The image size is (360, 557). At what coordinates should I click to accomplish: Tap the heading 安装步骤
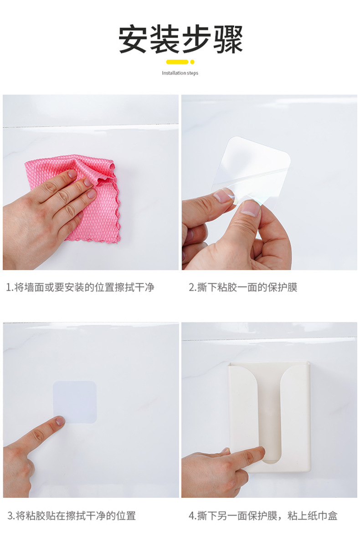[180, 39]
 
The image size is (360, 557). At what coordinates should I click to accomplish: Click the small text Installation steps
[180, 73]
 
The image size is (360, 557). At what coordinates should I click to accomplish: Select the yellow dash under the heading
[177, 62]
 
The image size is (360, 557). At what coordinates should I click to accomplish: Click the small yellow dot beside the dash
[192, 62]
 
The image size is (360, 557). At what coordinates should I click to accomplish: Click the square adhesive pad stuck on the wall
[75, 402]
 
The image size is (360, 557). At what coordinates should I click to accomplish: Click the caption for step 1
[80, 287]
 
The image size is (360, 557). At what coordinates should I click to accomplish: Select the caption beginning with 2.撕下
[243, 287]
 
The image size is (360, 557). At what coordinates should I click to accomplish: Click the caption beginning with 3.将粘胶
[72, 516]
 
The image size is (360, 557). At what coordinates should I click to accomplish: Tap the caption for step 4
[263, 516]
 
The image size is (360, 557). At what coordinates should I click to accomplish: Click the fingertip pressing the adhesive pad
[60, 421]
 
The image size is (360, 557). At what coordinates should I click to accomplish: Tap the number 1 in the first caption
[8, 288]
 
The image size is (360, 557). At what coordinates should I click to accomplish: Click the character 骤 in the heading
[228, 39]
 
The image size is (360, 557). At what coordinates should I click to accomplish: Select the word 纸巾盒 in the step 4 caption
[323, 516]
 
